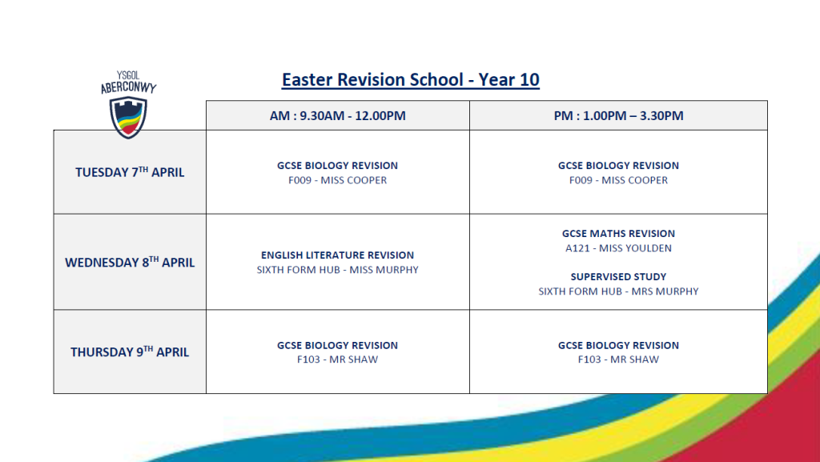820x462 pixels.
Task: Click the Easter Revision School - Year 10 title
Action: [411, 79]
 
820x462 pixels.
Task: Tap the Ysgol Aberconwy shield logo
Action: [128, 119]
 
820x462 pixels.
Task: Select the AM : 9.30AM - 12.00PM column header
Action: [338, 115]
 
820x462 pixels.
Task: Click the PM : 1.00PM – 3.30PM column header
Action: [619, 115]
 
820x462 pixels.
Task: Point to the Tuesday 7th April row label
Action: [130, 172]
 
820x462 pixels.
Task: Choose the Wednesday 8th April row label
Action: [130, 262]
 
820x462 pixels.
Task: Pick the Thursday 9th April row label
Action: [130, 352]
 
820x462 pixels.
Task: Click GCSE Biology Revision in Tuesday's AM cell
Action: [337, 166]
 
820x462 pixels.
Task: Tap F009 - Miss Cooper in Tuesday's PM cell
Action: [619, 180]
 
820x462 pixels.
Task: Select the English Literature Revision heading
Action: [337, 255]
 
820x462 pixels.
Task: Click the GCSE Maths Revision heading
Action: [619, 234]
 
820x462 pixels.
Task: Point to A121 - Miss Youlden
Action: [619, 248]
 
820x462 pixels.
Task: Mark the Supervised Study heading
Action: [619, 276]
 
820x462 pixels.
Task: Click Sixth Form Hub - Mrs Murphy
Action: [619, 291]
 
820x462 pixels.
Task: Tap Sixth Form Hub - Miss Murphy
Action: [337, 270]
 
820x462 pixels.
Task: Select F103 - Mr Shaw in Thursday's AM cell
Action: [337, 360]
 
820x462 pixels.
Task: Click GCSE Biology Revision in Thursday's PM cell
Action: [619, 345]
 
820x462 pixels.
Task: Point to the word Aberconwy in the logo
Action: [129, 87]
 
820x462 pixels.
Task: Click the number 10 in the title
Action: [530, 79]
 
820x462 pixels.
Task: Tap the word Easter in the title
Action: [307, 79]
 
